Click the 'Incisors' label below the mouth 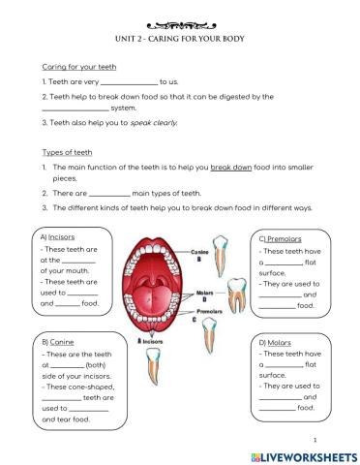[x=154, y=341]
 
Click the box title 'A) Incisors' [x=59, y=236]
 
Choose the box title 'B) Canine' [x=58, y=342]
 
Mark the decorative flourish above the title [x=179, y=26]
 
